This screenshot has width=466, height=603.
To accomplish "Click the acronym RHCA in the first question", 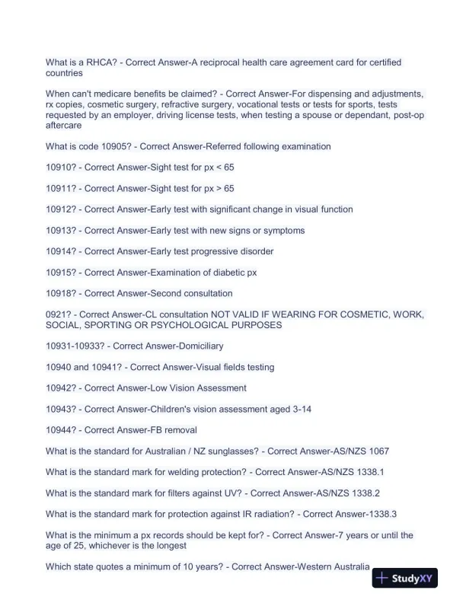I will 91,62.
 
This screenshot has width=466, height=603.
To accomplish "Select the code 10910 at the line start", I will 60,167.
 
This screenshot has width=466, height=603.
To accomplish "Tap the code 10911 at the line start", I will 60,188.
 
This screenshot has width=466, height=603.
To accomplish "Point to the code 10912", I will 60,209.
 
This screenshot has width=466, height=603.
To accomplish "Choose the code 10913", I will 60,230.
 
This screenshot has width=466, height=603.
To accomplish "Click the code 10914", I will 60,251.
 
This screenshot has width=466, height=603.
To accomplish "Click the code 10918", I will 60,293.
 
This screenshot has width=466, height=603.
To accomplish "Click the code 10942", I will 60,388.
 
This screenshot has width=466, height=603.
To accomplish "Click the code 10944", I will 60,430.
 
